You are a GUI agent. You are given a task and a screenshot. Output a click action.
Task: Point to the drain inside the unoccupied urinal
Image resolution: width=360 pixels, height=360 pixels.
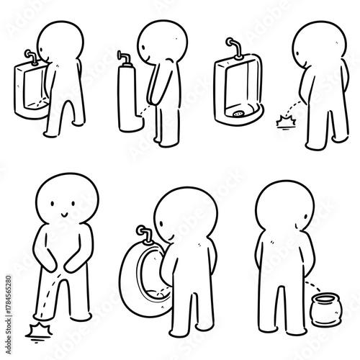pyautogui.click(x=238, y=112)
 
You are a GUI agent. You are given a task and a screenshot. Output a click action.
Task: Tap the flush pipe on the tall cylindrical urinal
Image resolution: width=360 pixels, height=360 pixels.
pyautogui.click(x=124, y=57)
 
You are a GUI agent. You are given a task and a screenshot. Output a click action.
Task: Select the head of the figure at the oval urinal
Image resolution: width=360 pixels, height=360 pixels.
pyautogui.click(x=184, y=216)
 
